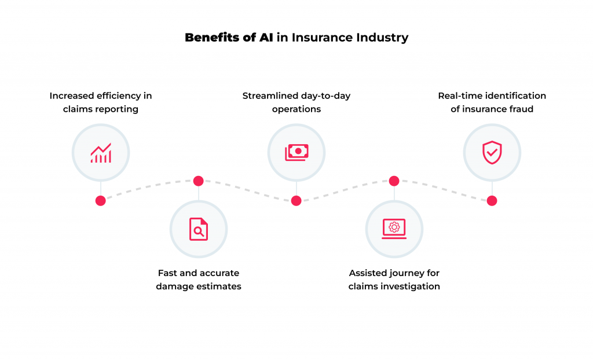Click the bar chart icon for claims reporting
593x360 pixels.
click(101, 153)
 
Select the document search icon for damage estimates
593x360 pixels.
click(199, 229)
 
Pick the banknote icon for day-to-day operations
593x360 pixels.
click(296, 152)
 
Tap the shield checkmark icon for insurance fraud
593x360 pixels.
click(492, 153)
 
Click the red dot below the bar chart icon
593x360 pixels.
click(101, 201)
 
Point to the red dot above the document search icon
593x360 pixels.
click(199, 181)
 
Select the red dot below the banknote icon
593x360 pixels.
click(296, 201)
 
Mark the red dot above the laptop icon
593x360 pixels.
click(394, 181)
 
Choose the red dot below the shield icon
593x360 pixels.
click(492, 201)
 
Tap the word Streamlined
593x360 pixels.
click(269, 95)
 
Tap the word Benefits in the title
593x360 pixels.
click(210, 38)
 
